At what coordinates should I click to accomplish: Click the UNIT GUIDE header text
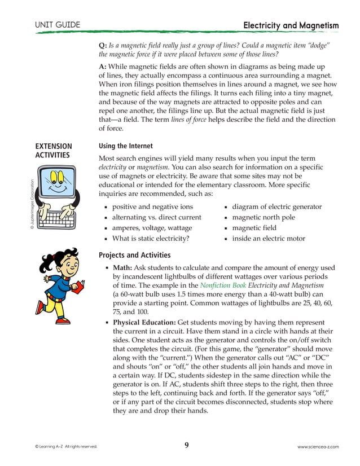(57, 25)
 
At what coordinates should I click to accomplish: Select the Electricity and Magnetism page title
(291, 25)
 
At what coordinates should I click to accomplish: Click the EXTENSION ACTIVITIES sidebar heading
(54, 151)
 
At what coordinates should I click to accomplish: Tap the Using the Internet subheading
(126, 146)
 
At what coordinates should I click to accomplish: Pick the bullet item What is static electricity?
(151, 239)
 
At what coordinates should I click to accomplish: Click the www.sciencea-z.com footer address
(318, 447)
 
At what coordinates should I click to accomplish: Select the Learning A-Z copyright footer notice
(65, 447)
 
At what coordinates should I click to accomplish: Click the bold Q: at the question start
(103, 45)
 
